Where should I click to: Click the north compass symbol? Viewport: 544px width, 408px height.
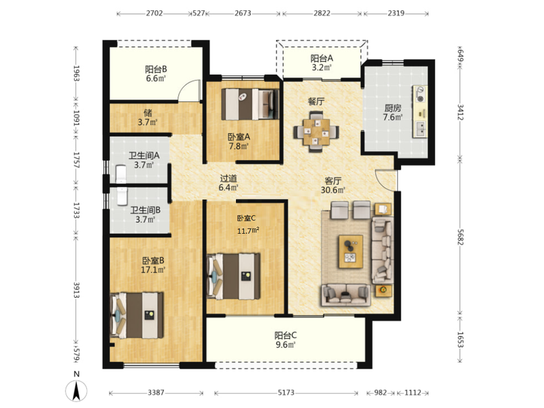pos(76,390)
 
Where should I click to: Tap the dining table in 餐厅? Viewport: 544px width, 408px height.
pos(316,132)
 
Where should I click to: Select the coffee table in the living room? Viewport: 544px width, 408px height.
pos(351,252)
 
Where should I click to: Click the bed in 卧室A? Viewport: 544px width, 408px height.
pos(250,104)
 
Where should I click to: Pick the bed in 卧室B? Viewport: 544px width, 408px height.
pos(137,315)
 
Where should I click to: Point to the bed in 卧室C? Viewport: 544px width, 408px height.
pos(233,276)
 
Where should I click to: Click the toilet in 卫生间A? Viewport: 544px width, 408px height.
pos(121,173)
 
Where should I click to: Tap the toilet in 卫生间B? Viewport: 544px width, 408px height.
pos(122,197)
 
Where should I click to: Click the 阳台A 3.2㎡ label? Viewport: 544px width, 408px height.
pos(321,63)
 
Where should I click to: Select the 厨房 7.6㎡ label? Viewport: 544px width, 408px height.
pos(393,113)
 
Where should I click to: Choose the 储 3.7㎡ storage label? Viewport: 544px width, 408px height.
pos(148,117)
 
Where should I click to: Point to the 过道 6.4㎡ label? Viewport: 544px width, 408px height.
pos(228,183)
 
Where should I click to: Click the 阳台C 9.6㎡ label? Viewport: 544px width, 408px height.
pos(285,340)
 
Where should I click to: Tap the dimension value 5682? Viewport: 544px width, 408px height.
pos(460,237)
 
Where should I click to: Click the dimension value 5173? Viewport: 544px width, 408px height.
pos(286,392)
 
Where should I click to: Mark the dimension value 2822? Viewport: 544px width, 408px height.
pos(322,13)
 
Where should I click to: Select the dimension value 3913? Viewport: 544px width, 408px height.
pos(76,290)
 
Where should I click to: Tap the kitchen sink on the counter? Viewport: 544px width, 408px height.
pos(421,129)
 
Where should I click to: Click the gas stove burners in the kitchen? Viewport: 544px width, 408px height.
pos(421,94)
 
